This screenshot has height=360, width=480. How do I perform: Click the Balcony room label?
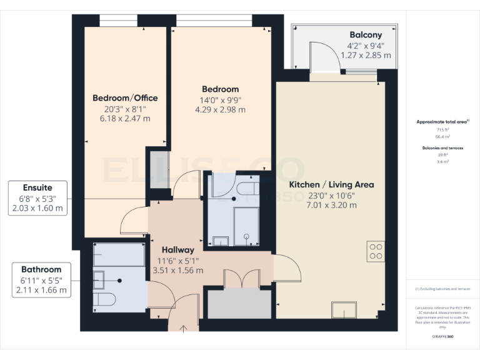click(x=366, y=35)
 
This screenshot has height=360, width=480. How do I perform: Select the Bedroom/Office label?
click(x=125, y=98)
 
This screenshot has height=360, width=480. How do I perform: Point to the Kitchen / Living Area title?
click(x=331, y=184)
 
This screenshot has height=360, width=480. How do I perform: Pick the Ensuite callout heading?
click(x=37, y=187)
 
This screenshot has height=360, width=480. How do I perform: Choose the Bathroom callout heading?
click(x=41, y=269)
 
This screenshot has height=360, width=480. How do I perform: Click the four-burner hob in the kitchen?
click(x=376, y=251)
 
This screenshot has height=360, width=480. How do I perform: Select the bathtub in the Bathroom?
click(x=119, y=255)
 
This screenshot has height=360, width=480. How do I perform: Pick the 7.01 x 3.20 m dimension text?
click(x=331, y=204)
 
